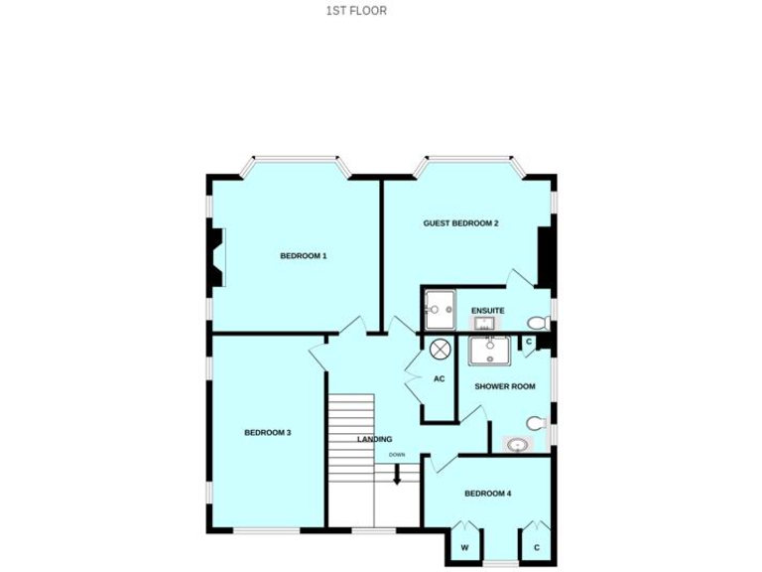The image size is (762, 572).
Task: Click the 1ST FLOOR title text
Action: [x=355, y=11]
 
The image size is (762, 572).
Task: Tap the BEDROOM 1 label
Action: [x=303, y=256]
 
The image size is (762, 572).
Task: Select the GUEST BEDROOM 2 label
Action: [x=460, y=223]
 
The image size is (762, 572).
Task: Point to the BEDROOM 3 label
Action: [x=267, y=433]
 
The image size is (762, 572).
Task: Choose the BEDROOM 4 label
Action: [x=487, y=494]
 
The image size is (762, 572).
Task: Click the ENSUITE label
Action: [x=487, y=311]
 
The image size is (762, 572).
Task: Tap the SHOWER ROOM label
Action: [x=504, y=386]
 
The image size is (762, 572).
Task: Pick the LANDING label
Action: [x=375, y=439]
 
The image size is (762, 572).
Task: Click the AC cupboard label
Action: [x=439, y=378]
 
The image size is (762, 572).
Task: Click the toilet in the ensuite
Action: [x=537, y=323]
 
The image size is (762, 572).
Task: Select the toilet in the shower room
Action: [x=536, y=424]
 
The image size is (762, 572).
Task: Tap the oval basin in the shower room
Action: [x=517, y=445]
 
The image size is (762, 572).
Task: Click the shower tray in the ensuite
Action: [x=440, y=309]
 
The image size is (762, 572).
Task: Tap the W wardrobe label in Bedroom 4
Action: [x=463, y=547]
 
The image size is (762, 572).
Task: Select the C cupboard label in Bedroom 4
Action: [x=537, y=547]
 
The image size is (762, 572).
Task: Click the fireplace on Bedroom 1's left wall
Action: [x=215, y=256]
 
